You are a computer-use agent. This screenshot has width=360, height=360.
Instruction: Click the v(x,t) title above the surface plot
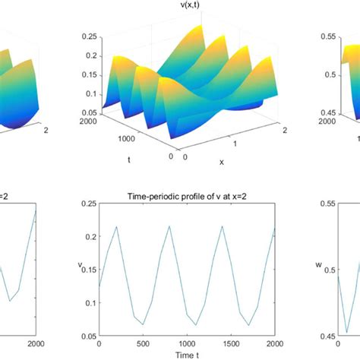180,7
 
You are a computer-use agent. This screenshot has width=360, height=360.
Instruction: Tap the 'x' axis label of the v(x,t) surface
221,162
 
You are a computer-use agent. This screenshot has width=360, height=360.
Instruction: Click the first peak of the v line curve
116,226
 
